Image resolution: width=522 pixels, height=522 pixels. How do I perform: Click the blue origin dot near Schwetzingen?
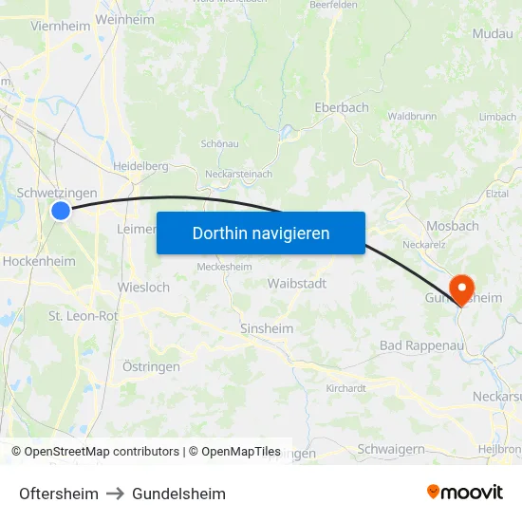click(61, 211)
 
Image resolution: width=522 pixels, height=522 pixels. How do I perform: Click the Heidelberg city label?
click(140, 166)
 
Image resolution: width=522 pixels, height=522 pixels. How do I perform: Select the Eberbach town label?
click(342, 108)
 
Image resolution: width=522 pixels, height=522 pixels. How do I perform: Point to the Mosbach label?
click(452, 227)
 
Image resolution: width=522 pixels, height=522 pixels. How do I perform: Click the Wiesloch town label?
click(143, 287)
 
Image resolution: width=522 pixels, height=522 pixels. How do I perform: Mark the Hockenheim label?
click(39, 261)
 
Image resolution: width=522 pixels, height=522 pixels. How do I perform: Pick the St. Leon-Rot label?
click(84, 316)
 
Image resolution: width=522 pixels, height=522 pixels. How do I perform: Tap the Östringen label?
click(151, 366)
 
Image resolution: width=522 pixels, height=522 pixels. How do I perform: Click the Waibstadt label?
click(297, 284)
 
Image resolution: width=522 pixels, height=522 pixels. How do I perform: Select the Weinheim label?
click(124, 19)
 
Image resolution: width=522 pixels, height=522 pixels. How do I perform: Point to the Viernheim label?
click(60, 27)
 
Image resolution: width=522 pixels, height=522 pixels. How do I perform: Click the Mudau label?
click(492, 34)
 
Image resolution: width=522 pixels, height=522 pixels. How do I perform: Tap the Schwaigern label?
click(391, 449)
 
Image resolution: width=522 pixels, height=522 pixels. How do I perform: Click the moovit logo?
click(465, 493)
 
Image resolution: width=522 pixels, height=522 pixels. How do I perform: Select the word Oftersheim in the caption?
click(59, 494)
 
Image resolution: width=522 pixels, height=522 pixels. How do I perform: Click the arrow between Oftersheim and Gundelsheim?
click(115, 494)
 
